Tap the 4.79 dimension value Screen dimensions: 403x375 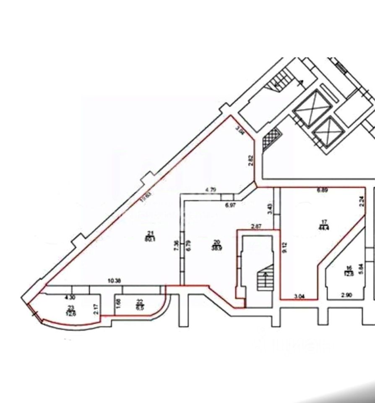tap(211, 190)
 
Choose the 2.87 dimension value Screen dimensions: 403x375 tap(257, 227)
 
